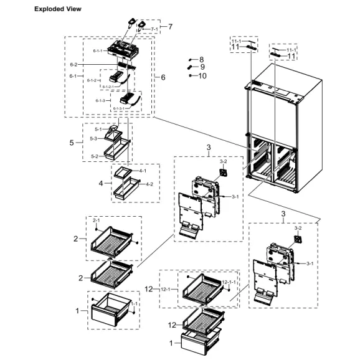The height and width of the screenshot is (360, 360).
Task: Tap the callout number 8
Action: [201, 59]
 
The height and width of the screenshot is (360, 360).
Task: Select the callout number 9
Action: [201, 67]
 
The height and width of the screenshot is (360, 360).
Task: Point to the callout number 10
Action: [202, 75]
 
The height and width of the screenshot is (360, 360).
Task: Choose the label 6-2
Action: [73, 64]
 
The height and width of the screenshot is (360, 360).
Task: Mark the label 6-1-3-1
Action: [120, 108]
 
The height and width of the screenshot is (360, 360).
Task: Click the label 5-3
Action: [93, 138]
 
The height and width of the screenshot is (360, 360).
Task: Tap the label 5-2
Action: [94, 156]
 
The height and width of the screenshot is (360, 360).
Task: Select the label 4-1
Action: [142, 170]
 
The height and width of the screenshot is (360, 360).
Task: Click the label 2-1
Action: [96, 220]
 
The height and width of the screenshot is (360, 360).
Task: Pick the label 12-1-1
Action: [229, 282]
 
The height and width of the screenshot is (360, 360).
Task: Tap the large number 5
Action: [71, 142]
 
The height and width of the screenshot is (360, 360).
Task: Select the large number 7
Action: [169, 27]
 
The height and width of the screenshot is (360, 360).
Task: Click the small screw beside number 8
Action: [190, 59]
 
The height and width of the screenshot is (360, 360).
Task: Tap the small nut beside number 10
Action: [190, 75]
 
